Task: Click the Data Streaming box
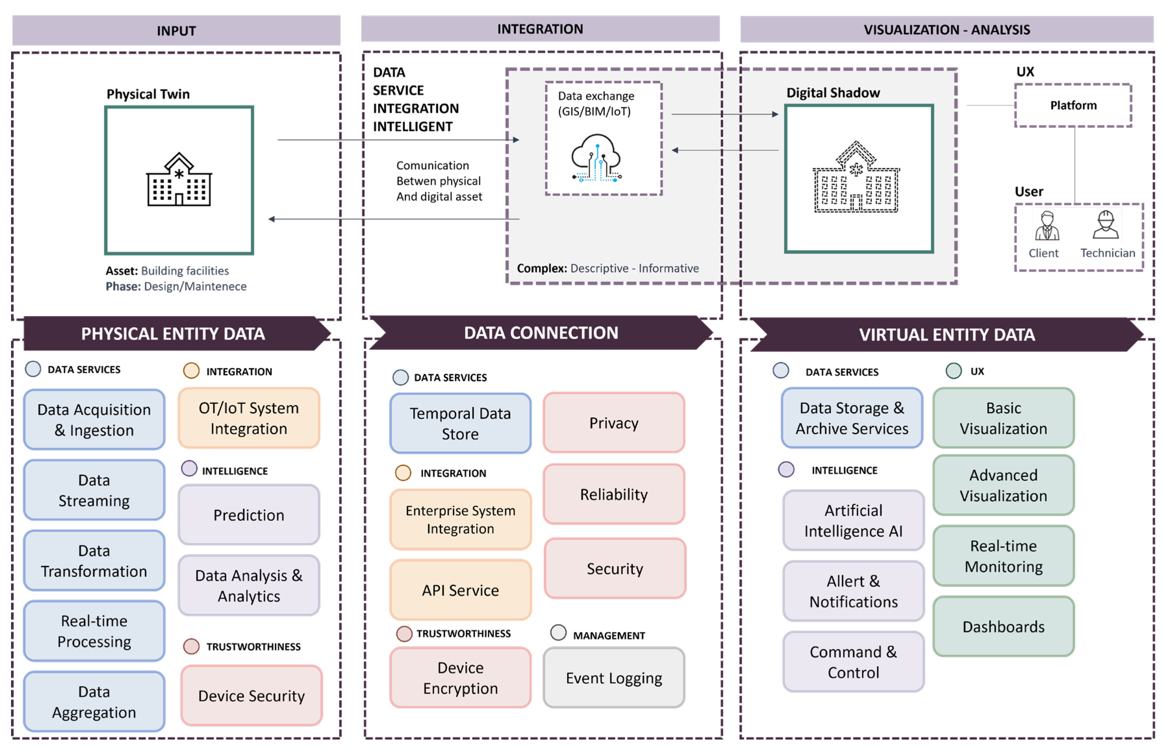point(94,490)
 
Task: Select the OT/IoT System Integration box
point(249,418)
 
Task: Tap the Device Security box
point(251,696)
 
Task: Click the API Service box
point(460,590)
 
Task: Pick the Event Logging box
point(614,677)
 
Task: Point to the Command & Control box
point(853,662)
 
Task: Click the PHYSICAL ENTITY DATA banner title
point(173,334)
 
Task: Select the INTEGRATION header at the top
point(540,29)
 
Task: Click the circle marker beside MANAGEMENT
point(558,632)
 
